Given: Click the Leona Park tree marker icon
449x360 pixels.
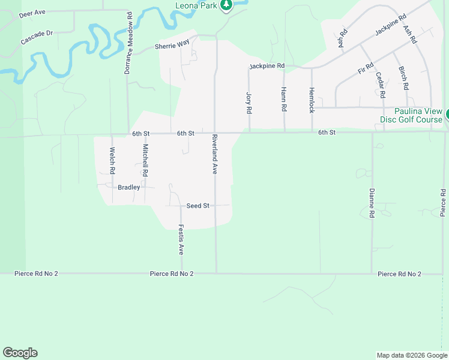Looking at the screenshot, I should [x=226, y=6].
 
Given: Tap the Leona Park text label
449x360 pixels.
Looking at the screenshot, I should [x=196, y=6].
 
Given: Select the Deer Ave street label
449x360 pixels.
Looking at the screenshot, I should [x=32, y=12].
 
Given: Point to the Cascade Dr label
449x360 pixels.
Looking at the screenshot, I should [x=37, y=38].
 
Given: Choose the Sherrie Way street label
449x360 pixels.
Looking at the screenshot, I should [x=172, y=46].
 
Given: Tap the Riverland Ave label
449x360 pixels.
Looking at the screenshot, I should [x=214, y=154].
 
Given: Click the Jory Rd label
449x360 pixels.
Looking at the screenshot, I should [x=249, y=103].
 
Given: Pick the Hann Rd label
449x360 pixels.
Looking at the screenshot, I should [x=283, y=100].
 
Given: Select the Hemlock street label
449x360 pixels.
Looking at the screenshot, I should [x=312, y=100].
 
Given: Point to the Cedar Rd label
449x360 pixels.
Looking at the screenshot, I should [x=380, y=85].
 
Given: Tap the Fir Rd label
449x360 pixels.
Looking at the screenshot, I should [x=366, y=68].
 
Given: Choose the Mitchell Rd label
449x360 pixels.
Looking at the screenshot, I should [x=145, y=160].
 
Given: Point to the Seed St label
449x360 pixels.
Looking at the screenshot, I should [x=197, y=206].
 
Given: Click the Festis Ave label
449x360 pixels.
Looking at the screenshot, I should [x=181, y=240].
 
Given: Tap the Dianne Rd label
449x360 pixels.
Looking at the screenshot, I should [x=372, y=203].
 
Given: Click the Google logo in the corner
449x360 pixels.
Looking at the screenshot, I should [x=20, y=353].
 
